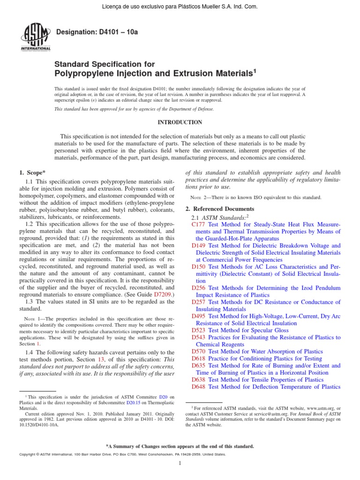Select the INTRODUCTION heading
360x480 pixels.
180,122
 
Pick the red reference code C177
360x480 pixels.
199,225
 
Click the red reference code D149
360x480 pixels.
199,246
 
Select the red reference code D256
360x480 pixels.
199,288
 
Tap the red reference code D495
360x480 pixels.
199,316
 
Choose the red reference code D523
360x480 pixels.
199,330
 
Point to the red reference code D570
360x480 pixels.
199,352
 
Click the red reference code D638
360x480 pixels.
199,380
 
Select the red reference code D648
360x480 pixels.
199,387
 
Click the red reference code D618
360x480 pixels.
199,359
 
